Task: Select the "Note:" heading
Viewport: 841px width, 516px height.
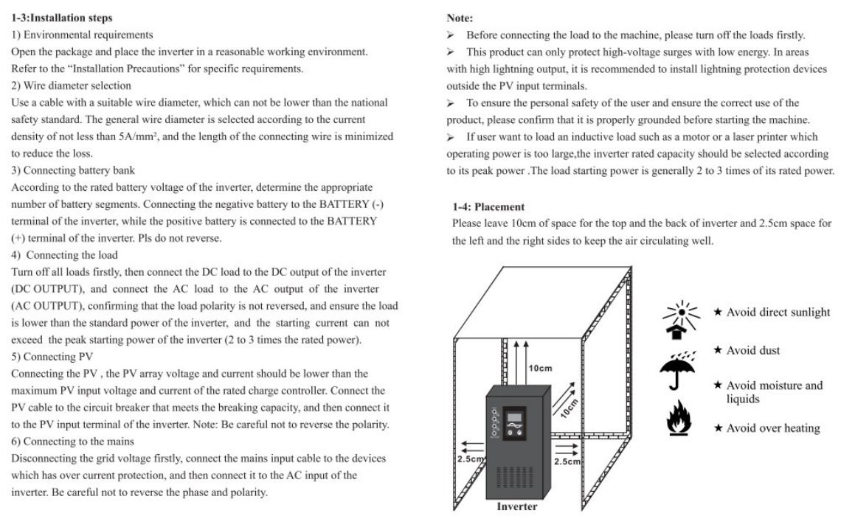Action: tap(460, 18)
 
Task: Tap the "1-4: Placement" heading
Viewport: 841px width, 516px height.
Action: tap(488, 207)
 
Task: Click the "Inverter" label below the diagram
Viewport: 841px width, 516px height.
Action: tap(517, 506)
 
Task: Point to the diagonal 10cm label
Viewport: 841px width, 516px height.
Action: tap(567, 405)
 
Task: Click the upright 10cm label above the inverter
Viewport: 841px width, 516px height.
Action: tap(540, 367)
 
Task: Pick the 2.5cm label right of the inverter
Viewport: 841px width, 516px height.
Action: tap(568, 461)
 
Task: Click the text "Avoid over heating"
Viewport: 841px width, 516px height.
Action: tap(772, 428)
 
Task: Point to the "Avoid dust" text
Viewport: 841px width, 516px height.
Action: tap(753, 350)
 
